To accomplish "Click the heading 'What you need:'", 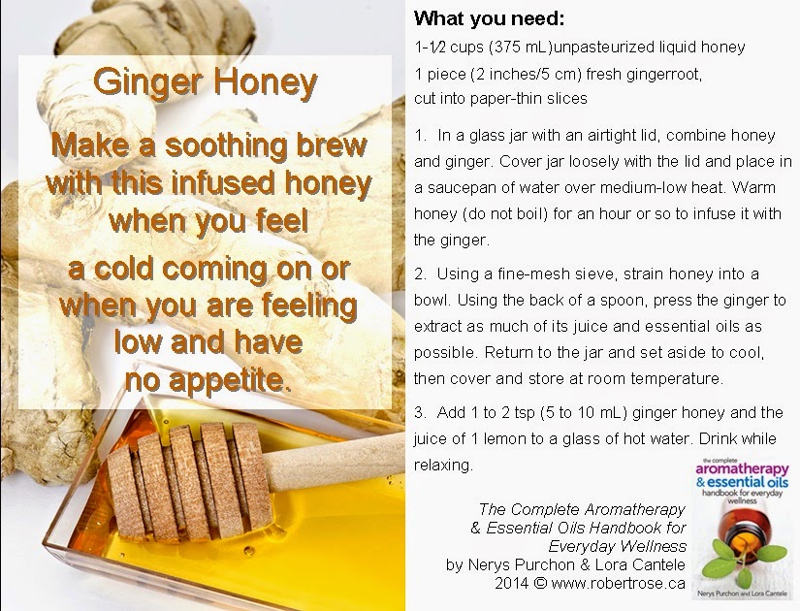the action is tap(489, 18).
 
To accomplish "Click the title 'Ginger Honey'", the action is tap(206, 82).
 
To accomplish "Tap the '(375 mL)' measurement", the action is tap(521, 48).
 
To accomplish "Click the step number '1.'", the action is tap(421, 135).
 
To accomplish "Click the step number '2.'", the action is tap(421, 274).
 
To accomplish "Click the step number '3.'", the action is tap(421, 412).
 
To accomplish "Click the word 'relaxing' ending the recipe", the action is tap(441, 466).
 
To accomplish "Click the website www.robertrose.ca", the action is tap(618, 583).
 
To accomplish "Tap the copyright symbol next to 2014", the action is tap(540, 583).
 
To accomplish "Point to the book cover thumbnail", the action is tap(743, 529).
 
